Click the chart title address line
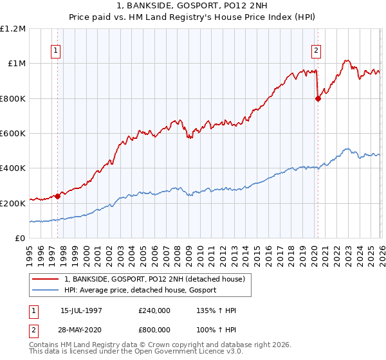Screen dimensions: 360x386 [x=193, y=6]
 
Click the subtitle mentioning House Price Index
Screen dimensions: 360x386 [x=193, y=18]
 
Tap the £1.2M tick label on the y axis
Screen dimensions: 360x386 [x=14, y=29]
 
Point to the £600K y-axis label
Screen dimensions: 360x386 [x=14, y=134]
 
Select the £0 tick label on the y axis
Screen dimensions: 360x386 [x=21, y=239]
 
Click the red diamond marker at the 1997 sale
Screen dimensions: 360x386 [x=58, y=196]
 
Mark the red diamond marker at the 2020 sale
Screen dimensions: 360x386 [x=318, y=98]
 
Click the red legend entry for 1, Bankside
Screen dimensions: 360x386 [x=154, y=280]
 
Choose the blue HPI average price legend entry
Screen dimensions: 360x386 [x=140, y=291]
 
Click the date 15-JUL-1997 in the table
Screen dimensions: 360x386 [x=81, y=310]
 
